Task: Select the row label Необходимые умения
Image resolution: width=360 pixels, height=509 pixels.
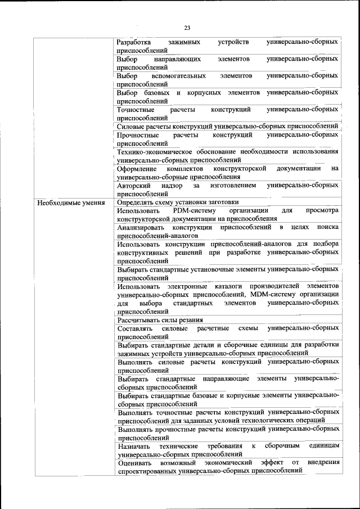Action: coord(67,202)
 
